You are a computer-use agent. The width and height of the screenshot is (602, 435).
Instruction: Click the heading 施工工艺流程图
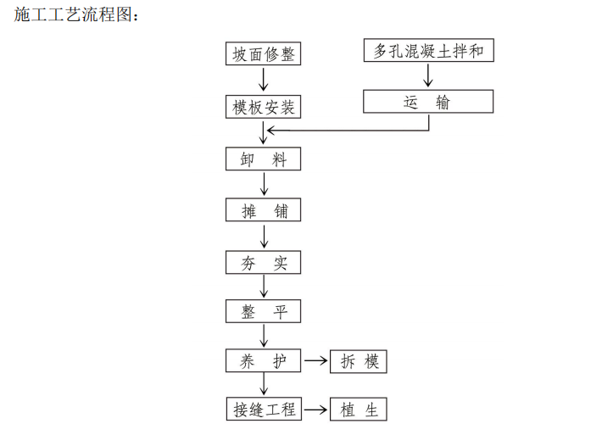(75, 14)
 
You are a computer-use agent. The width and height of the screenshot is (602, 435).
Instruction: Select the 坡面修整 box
(264, 53)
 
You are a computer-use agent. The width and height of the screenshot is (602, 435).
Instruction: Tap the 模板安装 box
(264, 108)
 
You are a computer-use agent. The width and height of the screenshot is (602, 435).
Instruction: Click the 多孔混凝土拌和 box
(428, 51)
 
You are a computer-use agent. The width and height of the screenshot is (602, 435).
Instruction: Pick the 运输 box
(428, 102)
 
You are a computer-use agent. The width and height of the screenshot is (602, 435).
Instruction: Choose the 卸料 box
(264, 159)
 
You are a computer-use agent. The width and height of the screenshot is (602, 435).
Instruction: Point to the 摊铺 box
(264, 209)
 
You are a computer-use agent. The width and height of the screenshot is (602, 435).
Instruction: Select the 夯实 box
(264, 262)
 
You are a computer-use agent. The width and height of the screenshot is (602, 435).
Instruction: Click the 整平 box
(264, 311)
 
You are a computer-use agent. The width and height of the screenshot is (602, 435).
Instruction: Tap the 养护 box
(264, 361)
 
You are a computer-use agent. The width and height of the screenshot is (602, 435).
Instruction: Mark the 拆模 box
(359, 361)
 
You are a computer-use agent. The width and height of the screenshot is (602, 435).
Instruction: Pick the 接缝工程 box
(264, 410)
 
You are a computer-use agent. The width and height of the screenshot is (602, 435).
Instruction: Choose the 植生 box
(359, 410)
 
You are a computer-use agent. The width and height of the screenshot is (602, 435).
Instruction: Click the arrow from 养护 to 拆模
(315, 361)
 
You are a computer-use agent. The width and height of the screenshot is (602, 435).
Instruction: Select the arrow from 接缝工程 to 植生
(315, 410)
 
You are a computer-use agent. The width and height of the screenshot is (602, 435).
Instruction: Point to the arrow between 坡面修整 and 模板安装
(264, 80)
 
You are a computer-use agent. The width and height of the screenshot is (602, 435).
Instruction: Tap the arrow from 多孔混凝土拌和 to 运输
(428, 75)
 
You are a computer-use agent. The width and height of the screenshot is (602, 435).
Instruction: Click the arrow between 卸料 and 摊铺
(264, 184)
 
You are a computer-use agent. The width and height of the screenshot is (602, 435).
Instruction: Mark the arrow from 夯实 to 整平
(264, 287)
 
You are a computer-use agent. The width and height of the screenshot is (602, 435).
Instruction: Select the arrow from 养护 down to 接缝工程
(264, 385)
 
